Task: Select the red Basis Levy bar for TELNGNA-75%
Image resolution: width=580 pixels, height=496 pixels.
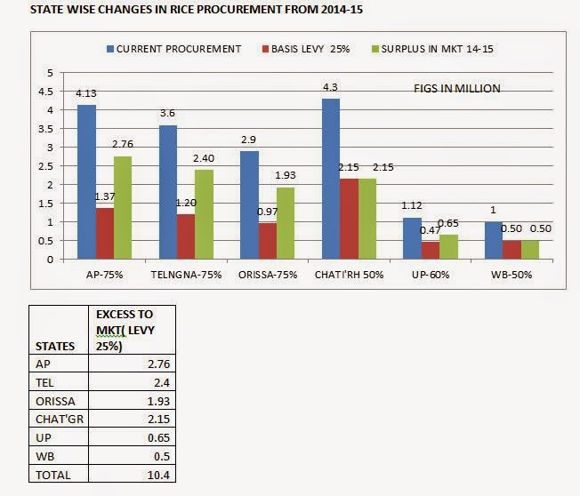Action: [186, 236]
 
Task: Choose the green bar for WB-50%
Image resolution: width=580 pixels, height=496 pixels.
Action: [530, 250]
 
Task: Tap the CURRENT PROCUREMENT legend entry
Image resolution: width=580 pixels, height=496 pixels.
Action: [173, 48]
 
